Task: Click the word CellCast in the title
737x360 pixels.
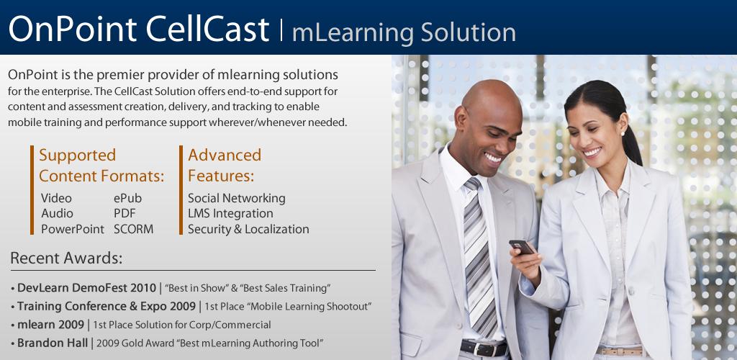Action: click(x=207, y=29)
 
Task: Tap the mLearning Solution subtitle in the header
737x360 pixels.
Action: click(x=404, y=32)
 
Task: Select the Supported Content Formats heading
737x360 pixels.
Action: click(x=101, y=166)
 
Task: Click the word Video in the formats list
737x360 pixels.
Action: click(x=56, y=198)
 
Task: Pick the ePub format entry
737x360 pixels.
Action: click(x=127, y=199)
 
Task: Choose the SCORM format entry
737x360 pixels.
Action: click(x=133, y=230)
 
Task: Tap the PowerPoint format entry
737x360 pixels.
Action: click(x=73, y=230)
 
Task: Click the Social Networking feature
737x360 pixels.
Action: click(x=236, y=198)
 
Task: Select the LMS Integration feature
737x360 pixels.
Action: click(x=230, y=214)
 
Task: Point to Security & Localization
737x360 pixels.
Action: click(x=248, y=230)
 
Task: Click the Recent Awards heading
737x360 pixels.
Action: click(x=66, y=258)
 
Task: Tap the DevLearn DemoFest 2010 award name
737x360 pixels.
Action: click(x=86, y=287)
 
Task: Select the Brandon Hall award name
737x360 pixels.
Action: click(x=52, y=343)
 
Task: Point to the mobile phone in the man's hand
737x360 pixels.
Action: click(x=522, y=246)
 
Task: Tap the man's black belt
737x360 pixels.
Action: click(x=484, y=348)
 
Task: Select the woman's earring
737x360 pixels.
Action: click(x=623, y=133)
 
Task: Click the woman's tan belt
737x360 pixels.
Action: click(x=620, y=351)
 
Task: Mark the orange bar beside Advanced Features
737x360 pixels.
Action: click(x=181, y=190)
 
